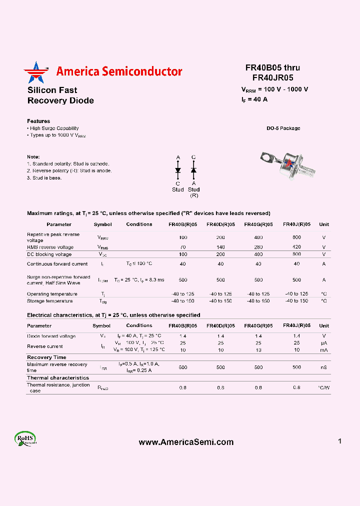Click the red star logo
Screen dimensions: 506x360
click(34, 72)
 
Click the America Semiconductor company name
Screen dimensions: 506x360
click(119, 71)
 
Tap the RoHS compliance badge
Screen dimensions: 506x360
click(25, 438)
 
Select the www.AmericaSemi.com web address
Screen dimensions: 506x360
click(186, 442)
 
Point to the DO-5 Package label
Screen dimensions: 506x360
click(283, 128)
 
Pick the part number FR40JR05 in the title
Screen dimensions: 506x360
click(272, 77)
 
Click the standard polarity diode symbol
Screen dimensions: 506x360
click(178, 170)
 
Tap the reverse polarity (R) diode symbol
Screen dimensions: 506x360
click(193, 170)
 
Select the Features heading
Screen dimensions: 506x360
click(38, 121)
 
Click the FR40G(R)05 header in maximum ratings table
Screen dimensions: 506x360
click(258, 224)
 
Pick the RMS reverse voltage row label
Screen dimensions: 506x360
click(50, 247)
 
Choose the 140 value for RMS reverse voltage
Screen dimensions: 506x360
click(220, 247)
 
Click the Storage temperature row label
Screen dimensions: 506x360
click(49, 301)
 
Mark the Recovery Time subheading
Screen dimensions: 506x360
click(46, 357)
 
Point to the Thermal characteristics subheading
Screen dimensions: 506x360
click(58, 378)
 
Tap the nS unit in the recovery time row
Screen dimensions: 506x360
click(324, 367)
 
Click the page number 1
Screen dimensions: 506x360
click(339, 441)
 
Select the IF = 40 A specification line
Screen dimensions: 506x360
click(254, 99)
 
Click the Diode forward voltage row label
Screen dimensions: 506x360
click(51, 336)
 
